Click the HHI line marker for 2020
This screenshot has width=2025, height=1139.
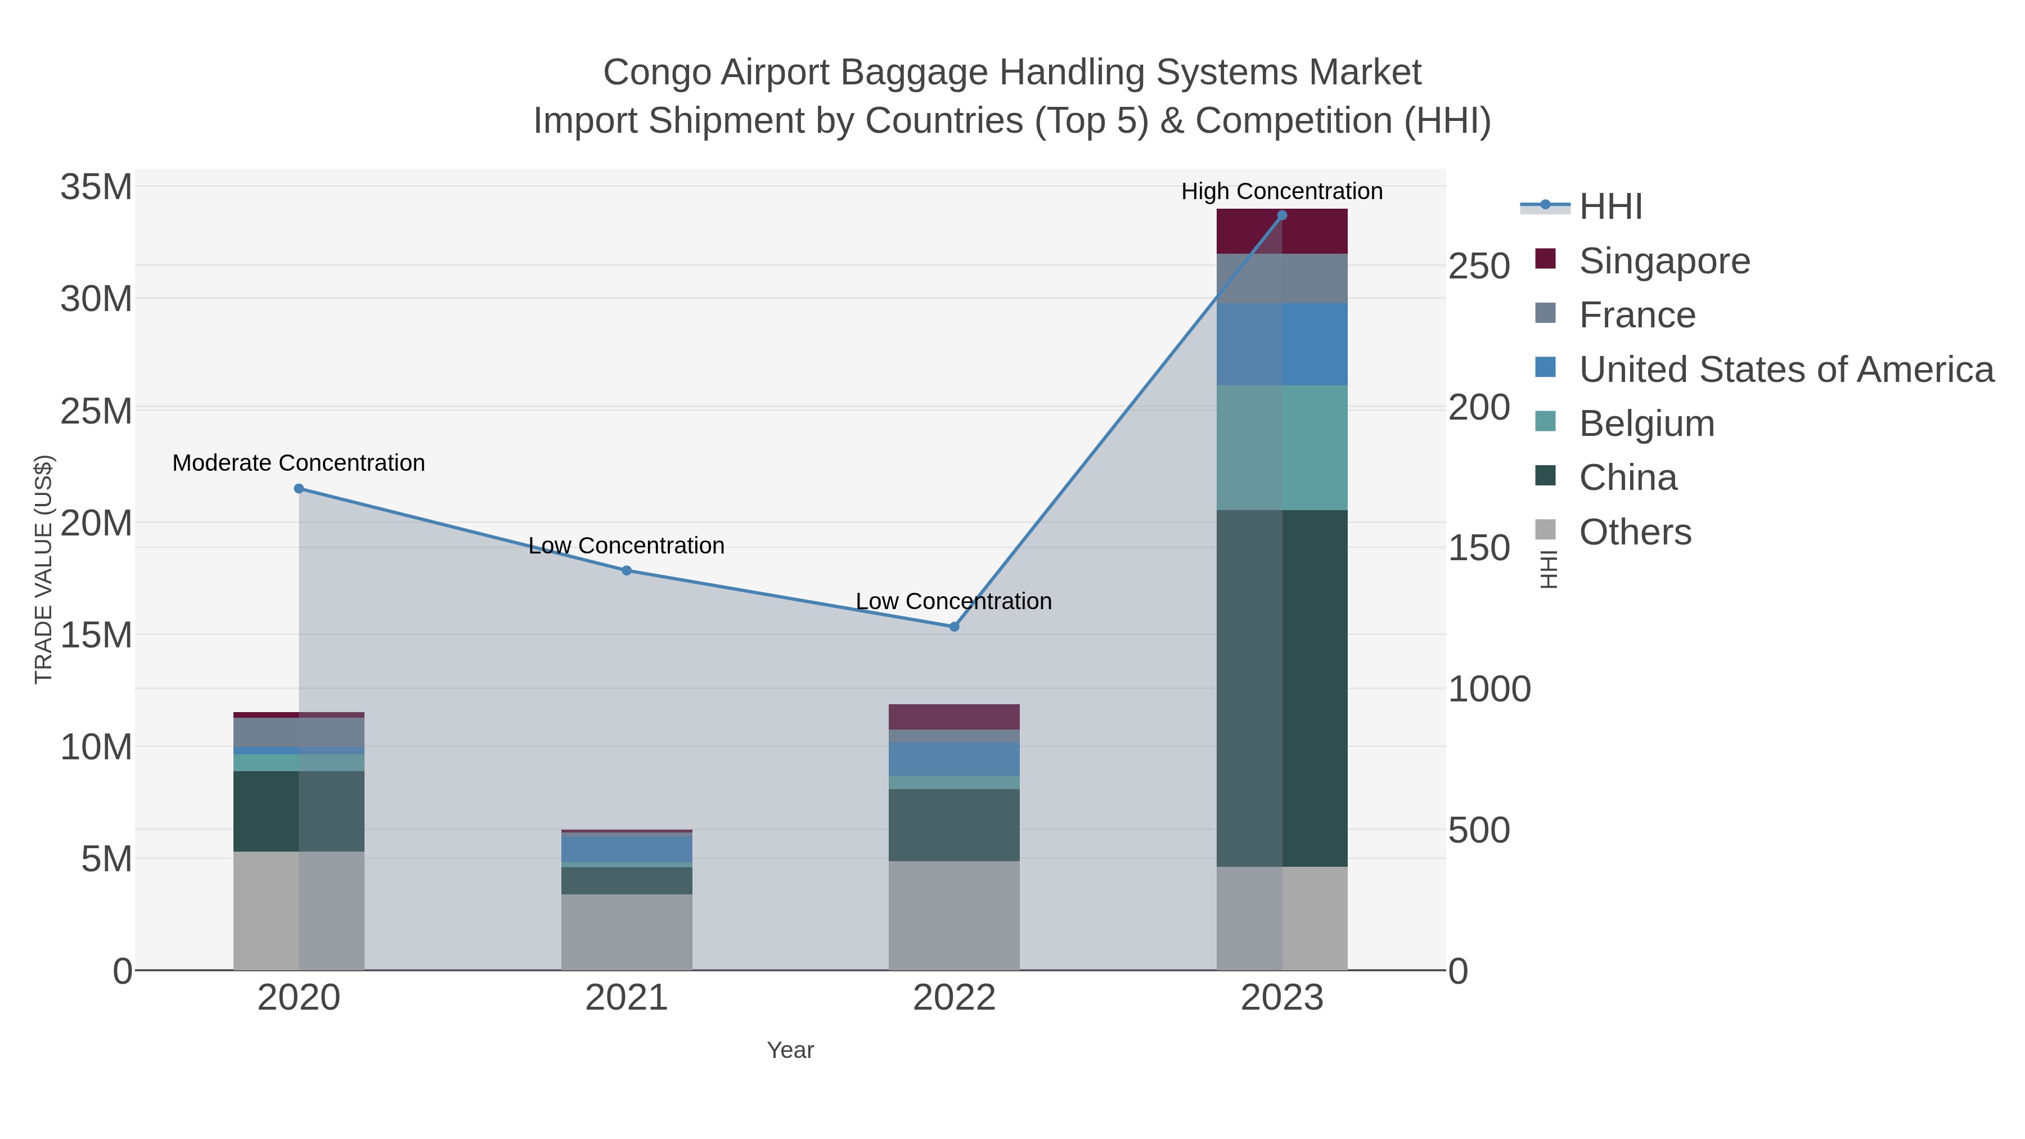coord(299,489)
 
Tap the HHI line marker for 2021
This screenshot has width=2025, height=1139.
coord(627,571)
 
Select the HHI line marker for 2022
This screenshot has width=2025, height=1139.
coord(955,627)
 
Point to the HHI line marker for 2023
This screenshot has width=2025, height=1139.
coord(1282,215)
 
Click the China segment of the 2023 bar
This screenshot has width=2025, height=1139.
coord(1282,688)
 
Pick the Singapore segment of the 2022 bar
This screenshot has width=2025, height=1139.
coord(955,717)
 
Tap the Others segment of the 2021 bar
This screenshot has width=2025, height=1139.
coord(627,931)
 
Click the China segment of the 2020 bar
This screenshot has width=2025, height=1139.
coord(299,811)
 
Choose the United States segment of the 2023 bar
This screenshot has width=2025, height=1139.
coord(1282,344)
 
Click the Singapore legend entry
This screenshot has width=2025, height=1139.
coord(1664,261)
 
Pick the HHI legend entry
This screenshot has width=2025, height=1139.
coord(1610,207)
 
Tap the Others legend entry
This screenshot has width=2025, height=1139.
coord(1635,532)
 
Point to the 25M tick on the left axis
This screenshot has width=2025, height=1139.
coord(96,411)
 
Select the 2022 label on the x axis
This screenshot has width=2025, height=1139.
coord(955,998)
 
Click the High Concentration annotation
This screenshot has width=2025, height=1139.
coord(1282,191)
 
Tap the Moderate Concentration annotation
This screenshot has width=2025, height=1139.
coord(299,463)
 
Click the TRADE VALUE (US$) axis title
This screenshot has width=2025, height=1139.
coord(44,569)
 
